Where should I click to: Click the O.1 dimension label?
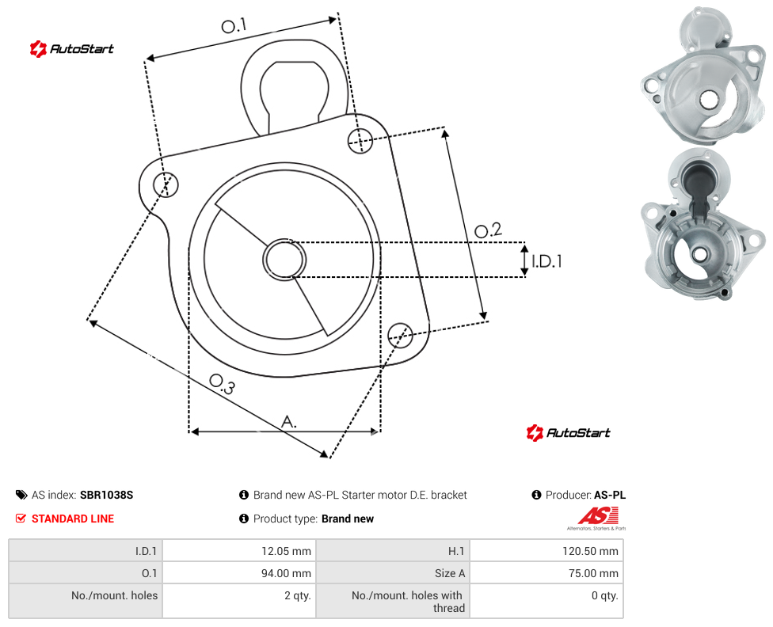(233, 25)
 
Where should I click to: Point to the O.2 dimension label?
(488, 230)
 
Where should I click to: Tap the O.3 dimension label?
(222, 385)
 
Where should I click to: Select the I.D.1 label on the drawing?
(546, 260)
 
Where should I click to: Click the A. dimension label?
(289, 422)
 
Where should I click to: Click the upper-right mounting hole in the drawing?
(360, 140)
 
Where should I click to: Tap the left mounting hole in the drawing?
(166, 184)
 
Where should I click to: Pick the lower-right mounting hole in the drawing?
(400, 335)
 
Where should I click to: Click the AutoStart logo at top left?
(71, 48)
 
